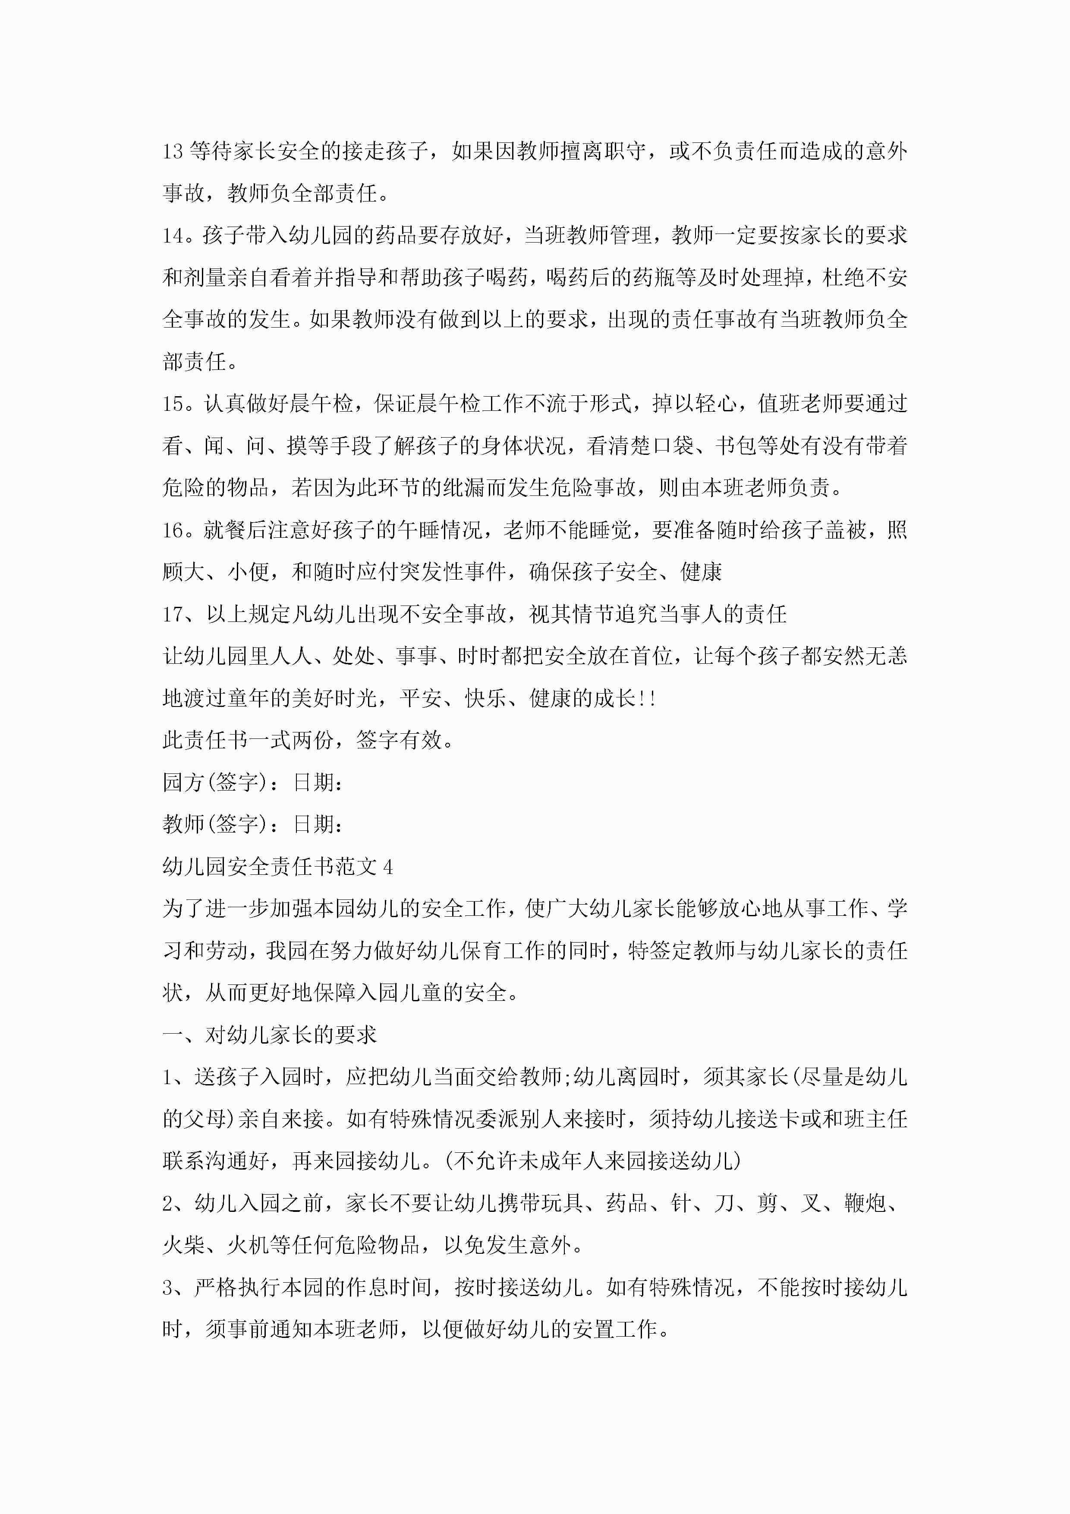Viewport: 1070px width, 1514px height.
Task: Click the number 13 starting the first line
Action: pyautogui.click(x=173, y=151)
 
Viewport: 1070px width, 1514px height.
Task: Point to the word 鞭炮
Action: pyautogui.click(x=864, y=1203)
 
